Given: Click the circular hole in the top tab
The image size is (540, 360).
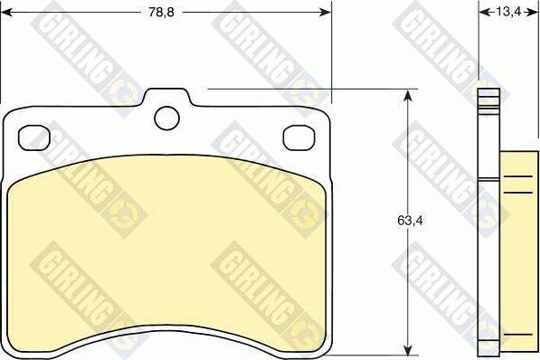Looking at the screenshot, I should click(166, 118).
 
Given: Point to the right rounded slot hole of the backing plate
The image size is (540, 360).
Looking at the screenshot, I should click(298, 137).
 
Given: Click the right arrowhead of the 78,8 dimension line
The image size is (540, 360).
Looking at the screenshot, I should click(325, 13).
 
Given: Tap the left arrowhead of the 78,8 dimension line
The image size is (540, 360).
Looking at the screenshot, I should click(7, 13).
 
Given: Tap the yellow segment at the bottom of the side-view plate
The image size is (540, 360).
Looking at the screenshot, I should click(489, 346).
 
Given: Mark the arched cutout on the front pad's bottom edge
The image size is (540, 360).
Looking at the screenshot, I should click(167, 333).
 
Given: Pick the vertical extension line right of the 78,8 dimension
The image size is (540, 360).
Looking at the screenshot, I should click(332, 54).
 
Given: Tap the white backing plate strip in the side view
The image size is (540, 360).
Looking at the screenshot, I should click(489, 226).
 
